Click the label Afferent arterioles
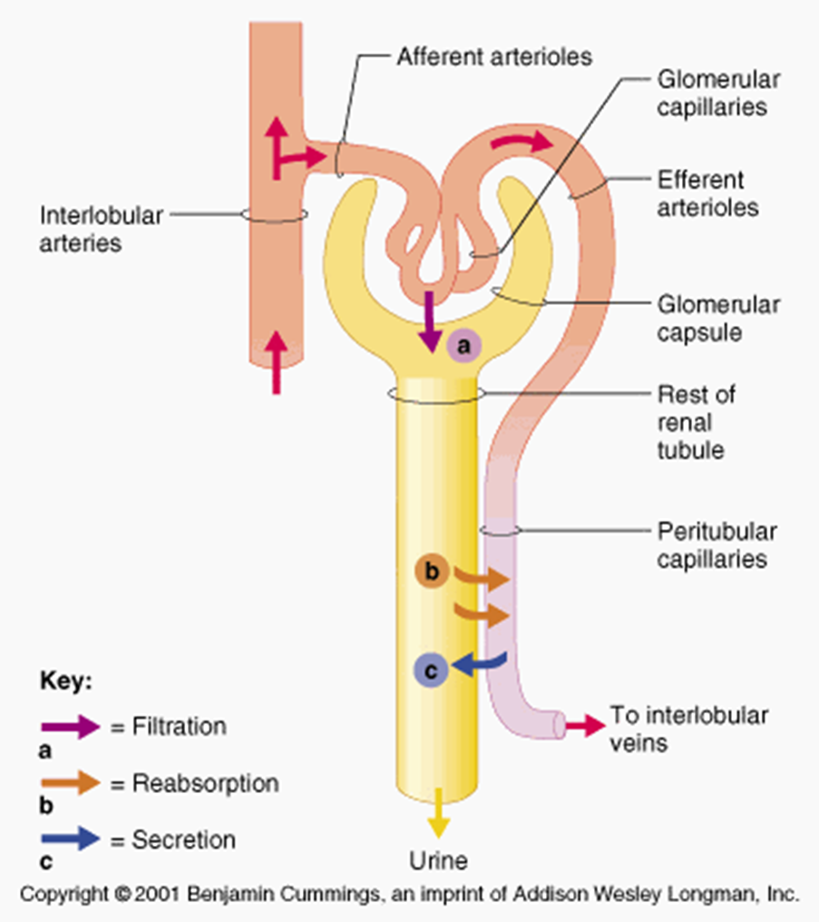(x=493, y=56)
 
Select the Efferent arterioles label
(x=708, y=192)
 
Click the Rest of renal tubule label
(x=696, y=422)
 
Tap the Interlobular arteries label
(x=102, y=229)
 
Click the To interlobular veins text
(x=688, y=728)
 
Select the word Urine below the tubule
(x=438, y=858)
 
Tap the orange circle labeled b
(x=432, y=572)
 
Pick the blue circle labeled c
(x=431, y=670)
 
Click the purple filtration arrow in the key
(x=71, y=727)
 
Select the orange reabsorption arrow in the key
(x=71, y=783)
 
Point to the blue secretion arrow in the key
(x=71, y=839)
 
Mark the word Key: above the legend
(x=65, y=682)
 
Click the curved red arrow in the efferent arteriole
(x=520, y=142)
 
